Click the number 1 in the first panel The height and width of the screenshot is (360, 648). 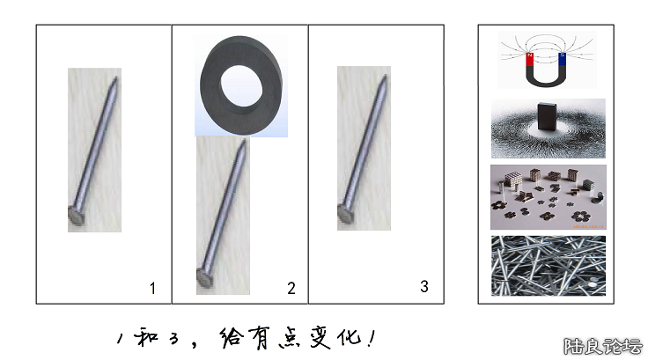152,288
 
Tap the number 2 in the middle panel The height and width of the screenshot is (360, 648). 291,288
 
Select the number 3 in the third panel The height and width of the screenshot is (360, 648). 424,286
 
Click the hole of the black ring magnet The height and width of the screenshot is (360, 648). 241,85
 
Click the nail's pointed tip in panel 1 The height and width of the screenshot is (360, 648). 116,78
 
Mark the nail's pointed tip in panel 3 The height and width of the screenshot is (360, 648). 385,77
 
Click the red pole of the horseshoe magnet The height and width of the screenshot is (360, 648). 529,60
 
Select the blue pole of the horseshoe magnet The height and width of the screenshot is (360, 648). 562,60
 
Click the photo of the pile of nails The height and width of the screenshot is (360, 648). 549,266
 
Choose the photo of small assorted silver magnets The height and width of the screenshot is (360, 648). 549,197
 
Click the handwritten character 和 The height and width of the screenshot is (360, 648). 146,337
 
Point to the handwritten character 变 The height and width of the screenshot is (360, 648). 320,338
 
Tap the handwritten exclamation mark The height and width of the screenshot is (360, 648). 372,338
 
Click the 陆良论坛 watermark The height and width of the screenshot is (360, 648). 603,347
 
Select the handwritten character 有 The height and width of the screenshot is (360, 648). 257,338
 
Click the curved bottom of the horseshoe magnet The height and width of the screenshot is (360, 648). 546,79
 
